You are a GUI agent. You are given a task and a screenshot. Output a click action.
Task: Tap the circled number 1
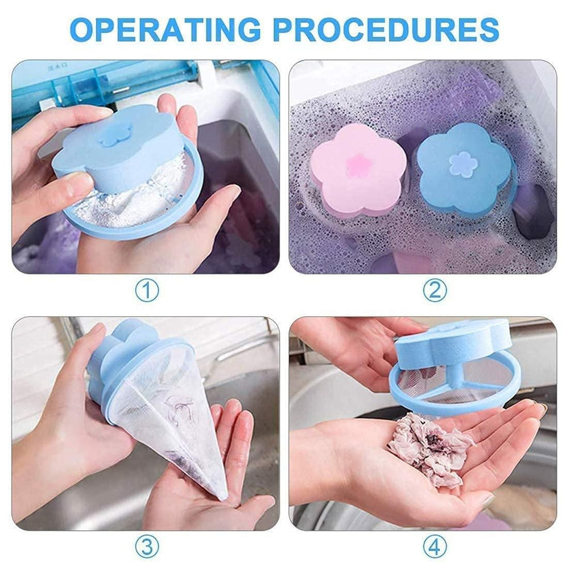click(147, 290)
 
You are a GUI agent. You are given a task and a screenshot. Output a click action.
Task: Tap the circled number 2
click(434, 290)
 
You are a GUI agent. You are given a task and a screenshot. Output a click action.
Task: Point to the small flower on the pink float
click(358, 165)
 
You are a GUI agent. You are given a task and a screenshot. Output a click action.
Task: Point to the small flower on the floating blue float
click(463, 164)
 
